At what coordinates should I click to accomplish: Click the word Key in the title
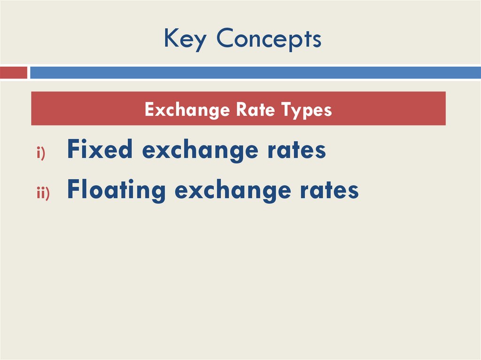click(185, 39)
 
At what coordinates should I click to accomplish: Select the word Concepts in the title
click(269, 39)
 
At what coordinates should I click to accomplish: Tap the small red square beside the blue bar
click(14, 73)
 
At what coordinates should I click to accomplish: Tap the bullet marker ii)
click(43, 193)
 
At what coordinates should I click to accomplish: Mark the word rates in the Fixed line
click(296, 151)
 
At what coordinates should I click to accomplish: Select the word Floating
click(116, 191)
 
